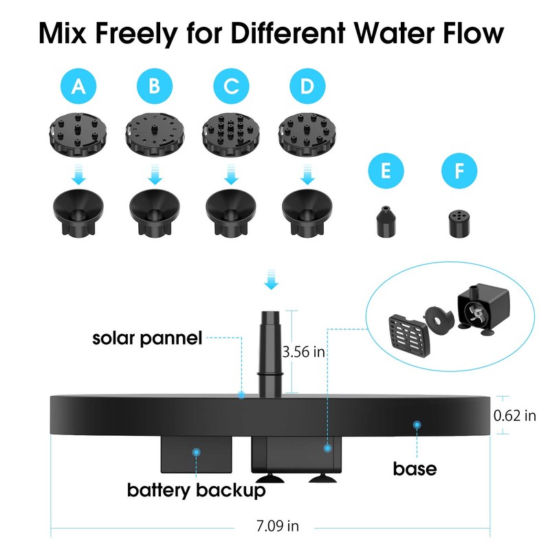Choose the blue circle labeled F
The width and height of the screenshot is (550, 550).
(459, 170)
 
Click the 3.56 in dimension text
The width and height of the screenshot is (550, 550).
(303, 352)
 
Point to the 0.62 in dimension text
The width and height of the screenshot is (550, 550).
(515, 415)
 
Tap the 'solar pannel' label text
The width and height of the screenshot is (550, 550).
(148, 338)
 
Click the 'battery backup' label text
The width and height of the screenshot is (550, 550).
(196, 491)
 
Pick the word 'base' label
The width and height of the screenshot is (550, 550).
(415, 469)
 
